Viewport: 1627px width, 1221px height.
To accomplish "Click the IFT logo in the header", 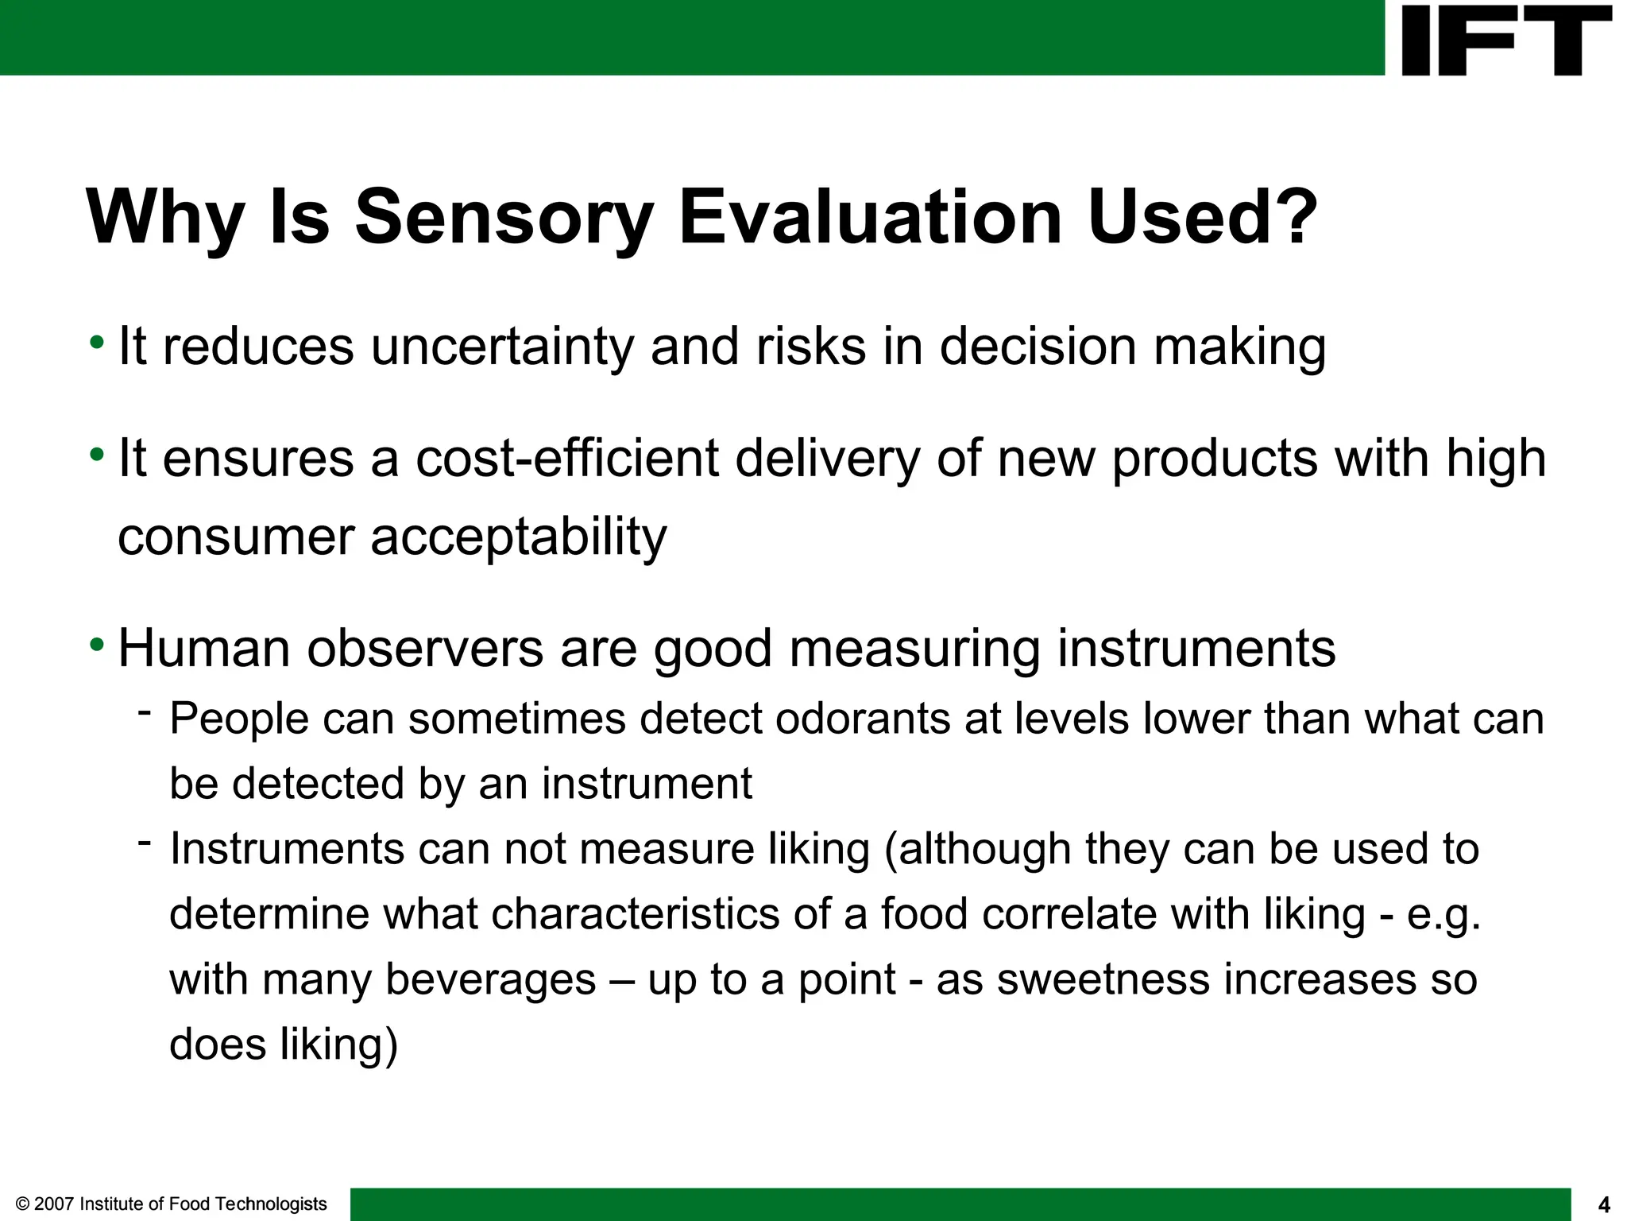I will [x=1506, y=40].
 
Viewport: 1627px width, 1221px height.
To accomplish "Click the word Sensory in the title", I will [x=504, y=218].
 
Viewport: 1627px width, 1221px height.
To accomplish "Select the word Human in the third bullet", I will [x=204, y=649].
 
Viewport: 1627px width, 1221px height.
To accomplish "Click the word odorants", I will [x=863, y=719].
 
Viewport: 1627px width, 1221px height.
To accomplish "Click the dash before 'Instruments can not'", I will [x=144, y=841].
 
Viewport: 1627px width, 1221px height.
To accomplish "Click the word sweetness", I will [x=1102, y=979].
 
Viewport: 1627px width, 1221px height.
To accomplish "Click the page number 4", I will [x=1603, y=1205].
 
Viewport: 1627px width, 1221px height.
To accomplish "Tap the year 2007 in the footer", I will [x=55, y=1204].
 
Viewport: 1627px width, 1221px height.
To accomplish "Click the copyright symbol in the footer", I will [x=22, y=1204].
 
